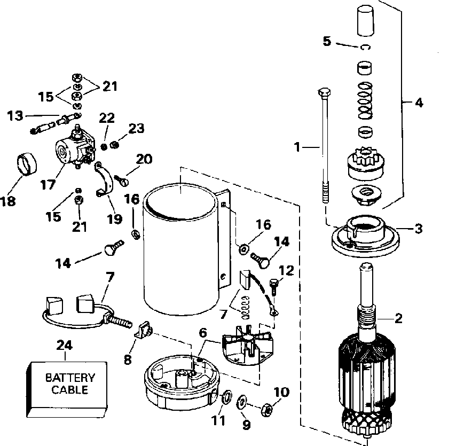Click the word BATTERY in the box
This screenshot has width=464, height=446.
pyautogui.click(x=70, y=378)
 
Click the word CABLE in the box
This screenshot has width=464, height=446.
pyautogui.click(x=70, y=390)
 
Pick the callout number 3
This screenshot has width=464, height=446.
pyautogui.click(x=418, y=228)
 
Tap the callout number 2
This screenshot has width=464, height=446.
pyautogui.click(x=398, y=318)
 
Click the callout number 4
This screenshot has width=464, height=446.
pyautogui.click(x=419, y=103)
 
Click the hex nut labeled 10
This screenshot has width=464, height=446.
pyautogui.click(x=265, y=410)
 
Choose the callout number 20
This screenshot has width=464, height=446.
pyautogui.click(x=144, y=159)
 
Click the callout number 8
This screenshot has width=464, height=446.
pyautogui.click(x=127, y=359)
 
